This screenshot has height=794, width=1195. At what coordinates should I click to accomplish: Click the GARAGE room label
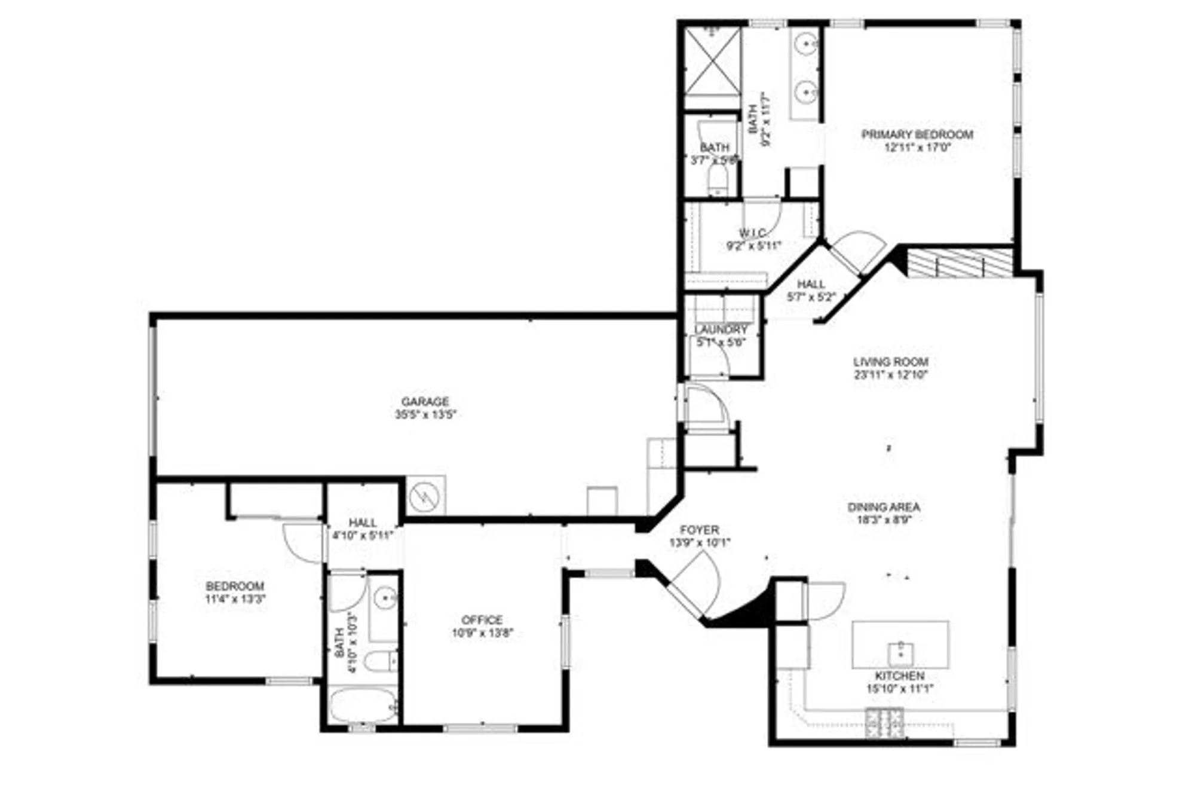point(425,401)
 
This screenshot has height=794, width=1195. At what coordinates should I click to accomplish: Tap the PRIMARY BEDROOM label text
point(917,135)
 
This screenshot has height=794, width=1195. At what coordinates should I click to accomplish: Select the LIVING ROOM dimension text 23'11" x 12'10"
point(890,375)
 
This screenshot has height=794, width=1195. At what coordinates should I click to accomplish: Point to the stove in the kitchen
point(884,722)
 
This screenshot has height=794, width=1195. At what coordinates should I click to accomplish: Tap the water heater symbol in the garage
point(425,496)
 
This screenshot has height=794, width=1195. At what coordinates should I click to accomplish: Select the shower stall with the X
point(712,61)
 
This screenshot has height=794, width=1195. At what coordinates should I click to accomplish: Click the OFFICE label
point(482,620)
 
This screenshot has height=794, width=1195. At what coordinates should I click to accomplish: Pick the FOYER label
point(700,530)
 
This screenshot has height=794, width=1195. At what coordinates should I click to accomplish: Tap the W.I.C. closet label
point(753,233)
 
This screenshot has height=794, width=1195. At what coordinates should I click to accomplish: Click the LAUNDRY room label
point(721,329)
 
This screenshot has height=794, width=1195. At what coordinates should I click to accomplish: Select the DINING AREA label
point(884,507)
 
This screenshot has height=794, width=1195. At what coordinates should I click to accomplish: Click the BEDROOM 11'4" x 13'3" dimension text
point(235,599)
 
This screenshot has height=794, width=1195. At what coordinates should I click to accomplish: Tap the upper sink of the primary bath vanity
point(807,44)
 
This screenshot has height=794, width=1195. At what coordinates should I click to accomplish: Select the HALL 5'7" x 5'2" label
point(811,285)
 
